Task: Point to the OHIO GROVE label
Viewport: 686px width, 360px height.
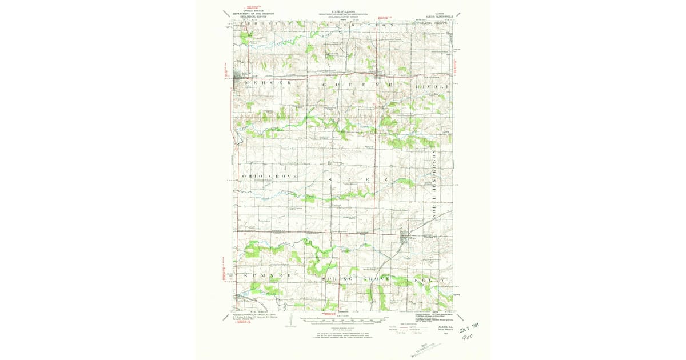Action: (270, 176)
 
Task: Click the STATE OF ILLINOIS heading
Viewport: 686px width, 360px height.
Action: (342, 11)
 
